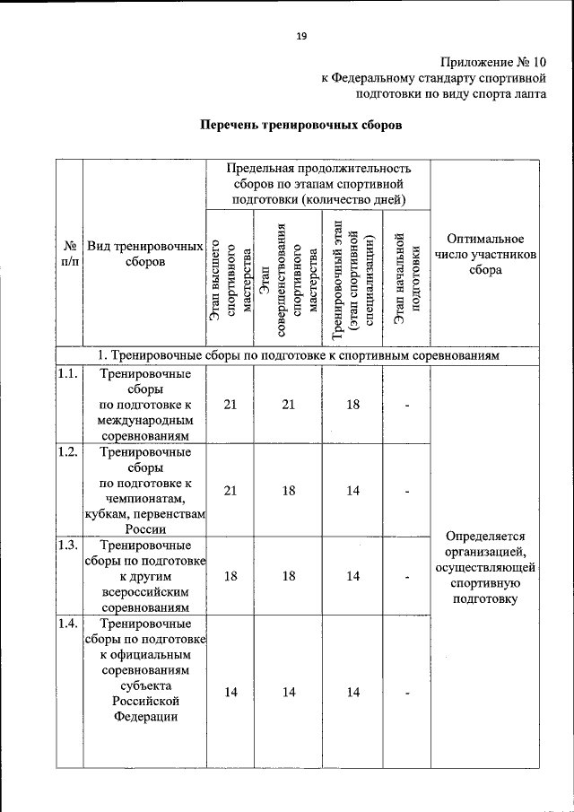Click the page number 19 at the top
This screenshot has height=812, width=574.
[x=301, y=36]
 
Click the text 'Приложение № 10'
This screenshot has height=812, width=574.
[x=492, y=62]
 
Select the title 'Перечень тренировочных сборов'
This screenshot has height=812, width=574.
[x=300, y=125]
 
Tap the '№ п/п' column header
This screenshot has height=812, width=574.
[x=68, y=254]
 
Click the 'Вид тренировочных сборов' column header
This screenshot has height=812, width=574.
[x=144, y=254]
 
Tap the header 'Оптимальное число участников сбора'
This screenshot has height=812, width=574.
[x=485, y=254]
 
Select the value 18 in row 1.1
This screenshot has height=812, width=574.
[x=353, y=405]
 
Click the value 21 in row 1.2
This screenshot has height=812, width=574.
[x=230, y=491]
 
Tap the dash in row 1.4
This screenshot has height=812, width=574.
[x=406, y=692]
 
